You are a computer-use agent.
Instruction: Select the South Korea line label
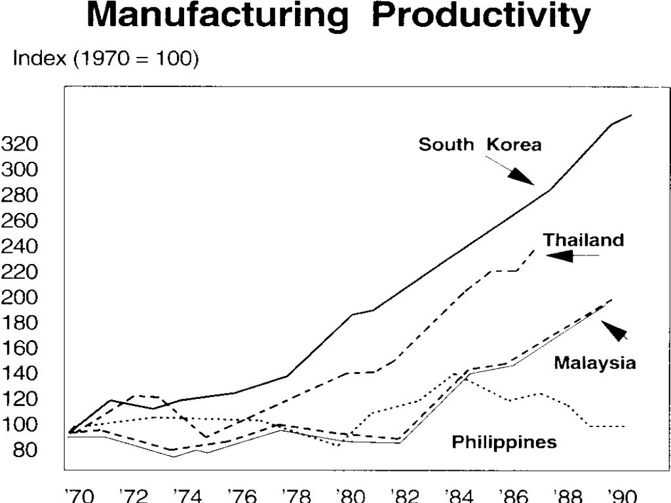tap(480, 144)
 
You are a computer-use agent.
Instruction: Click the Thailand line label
tap(583, 240)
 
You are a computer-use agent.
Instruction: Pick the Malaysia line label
tap(594, 362)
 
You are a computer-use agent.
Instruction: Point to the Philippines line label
tap(504, 442)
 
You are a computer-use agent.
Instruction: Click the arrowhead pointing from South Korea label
tap(522, 176)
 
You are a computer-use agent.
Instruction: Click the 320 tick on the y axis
tap(19, 144)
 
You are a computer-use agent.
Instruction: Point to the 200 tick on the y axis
tap(19, 297)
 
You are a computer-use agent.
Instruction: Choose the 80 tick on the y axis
tap(24, 451)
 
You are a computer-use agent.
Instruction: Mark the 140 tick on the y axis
tap(19, 374)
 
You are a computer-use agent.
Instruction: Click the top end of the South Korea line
tap(631, 115)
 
